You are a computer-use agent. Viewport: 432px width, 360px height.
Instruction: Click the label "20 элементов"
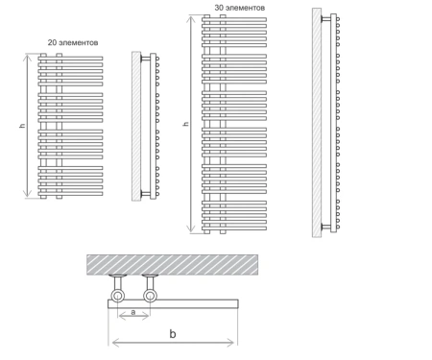tap(73, 42)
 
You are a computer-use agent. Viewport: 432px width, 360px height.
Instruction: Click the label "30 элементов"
tap(240, 8)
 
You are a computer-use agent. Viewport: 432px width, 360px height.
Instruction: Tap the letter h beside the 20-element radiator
tap(22, 126)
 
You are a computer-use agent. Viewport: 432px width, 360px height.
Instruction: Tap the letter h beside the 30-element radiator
tap(186, 124)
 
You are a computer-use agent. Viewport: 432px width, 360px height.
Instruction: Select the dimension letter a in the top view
tap(133, 311)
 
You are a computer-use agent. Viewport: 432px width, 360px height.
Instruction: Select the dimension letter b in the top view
tap(173, 334)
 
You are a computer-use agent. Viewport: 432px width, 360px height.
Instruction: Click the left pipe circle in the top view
tap(118, 296)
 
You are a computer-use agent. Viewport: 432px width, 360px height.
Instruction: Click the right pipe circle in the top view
tap(150, 296)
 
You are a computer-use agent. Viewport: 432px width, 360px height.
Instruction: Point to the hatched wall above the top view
tap(172, 265)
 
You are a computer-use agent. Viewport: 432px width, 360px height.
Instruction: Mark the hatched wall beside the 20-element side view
tap(136, 127)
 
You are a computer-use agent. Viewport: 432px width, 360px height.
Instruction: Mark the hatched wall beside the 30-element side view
tap(317, 123)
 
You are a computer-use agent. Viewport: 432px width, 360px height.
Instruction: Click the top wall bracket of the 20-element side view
tap(145, 59)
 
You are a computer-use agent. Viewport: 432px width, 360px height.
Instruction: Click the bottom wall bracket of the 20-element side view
tap(145, 193)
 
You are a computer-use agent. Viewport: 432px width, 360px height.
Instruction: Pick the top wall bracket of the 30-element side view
tap(325, 19)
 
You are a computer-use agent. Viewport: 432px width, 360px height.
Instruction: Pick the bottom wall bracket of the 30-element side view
tap(325, 227)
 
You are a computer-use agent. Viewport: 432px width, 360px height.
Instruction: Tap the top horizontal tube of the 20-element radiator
tap(70, 59)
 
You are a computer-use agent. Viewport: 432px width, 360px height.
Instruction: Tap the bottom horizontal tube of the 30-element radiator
tap(234, 228)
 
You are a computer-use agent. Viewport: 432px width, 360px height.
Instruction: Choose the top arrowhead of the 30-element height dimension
tap(191, 20)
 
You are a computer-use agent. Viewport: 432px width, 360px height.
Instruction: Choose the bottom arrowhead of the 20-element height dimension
tap(28, 193)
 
